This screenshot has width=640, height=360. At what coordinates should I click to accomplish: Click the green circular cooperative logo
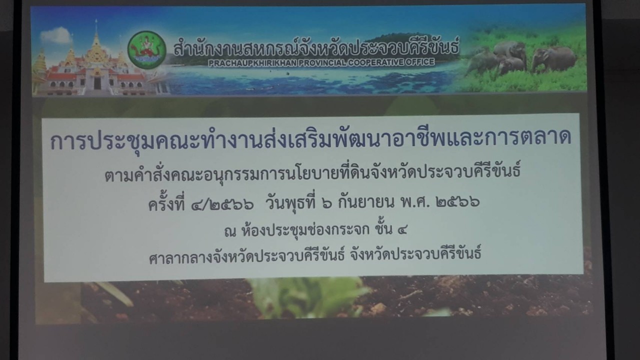coord(146,50)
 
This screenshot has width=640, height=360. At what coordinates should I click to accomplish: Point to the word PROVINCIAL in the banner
coord(322,62)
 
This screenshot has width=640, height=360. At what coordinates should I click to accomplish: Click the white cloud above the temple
coord(56,35)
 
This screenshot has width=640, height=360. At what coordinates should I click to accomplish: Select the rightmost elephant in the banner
coord(553,58)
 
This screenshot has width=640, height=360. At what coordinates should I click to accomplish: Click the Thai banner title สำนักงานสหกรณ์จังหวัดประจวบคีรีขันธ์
coord(316,46)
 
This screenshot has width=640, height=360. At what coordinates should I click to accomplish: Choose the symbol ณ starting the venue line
coord(230,231)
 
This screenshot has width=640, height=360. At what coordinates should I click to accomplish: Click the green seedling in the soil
coord(308,297)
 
